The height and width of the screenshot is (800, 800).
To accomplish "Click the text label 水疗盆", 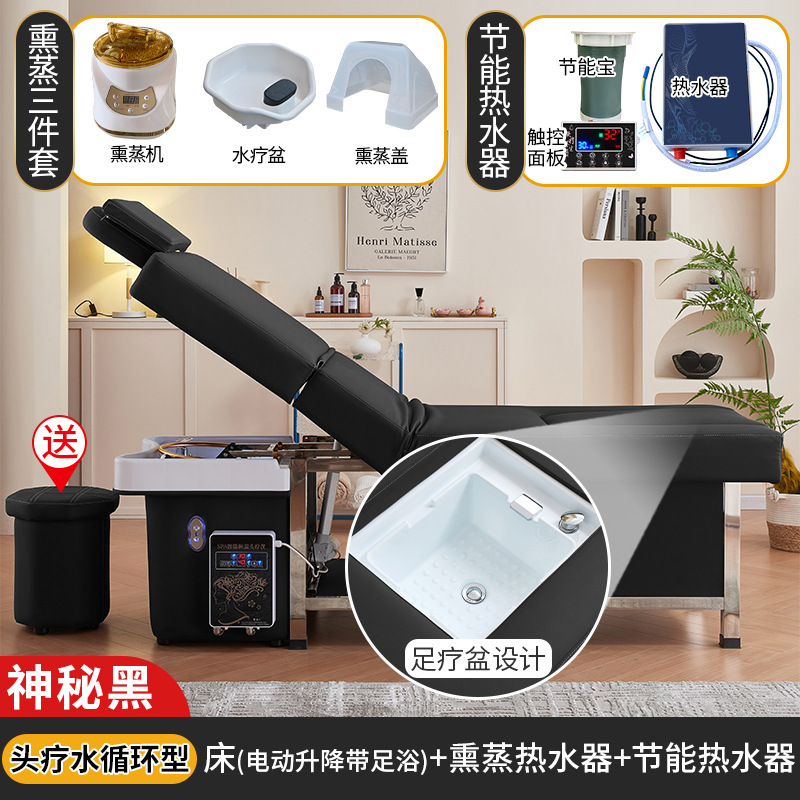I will pyautogui.click(x=253, y=156).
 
